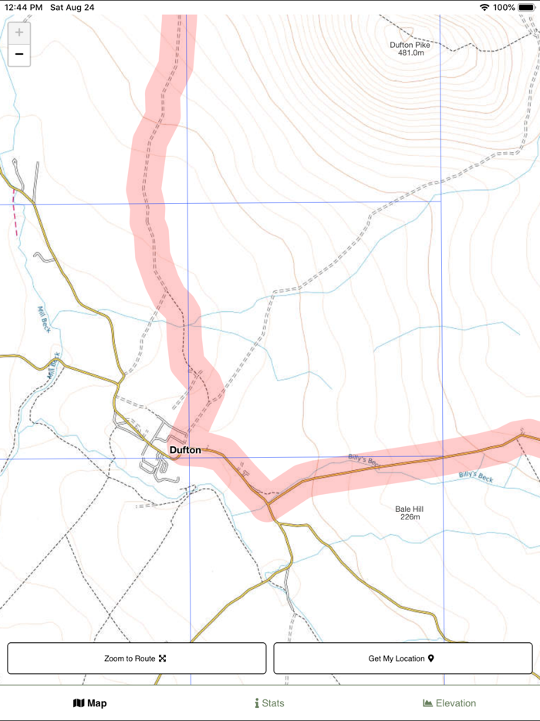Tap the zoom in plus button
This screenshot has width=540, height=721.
point(19,32)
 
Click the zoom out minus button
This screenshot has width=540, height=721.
point(19,54)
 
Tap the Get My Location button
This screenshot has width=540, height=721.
point(403,658)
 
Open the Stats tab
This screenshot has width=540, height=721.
point(269,703)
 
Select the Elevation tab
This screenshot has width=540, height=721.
point(450,703)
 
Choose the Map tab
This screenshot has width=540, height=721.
point(90,703)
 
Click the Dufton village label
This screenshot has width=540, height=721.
point(185,450)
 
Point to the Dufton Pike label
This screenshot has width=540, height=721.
point(410,45)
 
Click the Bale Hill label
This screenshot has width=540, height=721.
point(409,509)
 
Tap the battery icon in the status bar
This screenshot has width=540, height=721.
point(527,7)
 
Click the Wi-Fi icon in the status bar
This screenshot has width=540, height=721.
point(484,7)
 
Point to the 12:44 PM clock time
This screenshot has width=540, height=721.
point(23,7)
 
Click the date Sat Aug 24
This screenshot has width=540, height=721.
point(73,7)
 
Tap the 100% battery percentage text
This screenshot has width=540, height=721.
point(504,7)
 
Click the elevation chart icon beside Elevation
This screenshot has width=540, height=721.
point(427,703)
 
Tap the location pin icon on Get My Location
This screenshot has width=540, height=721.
point(431,658)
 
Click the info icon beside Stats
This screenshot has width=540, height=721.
point(257,703)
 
